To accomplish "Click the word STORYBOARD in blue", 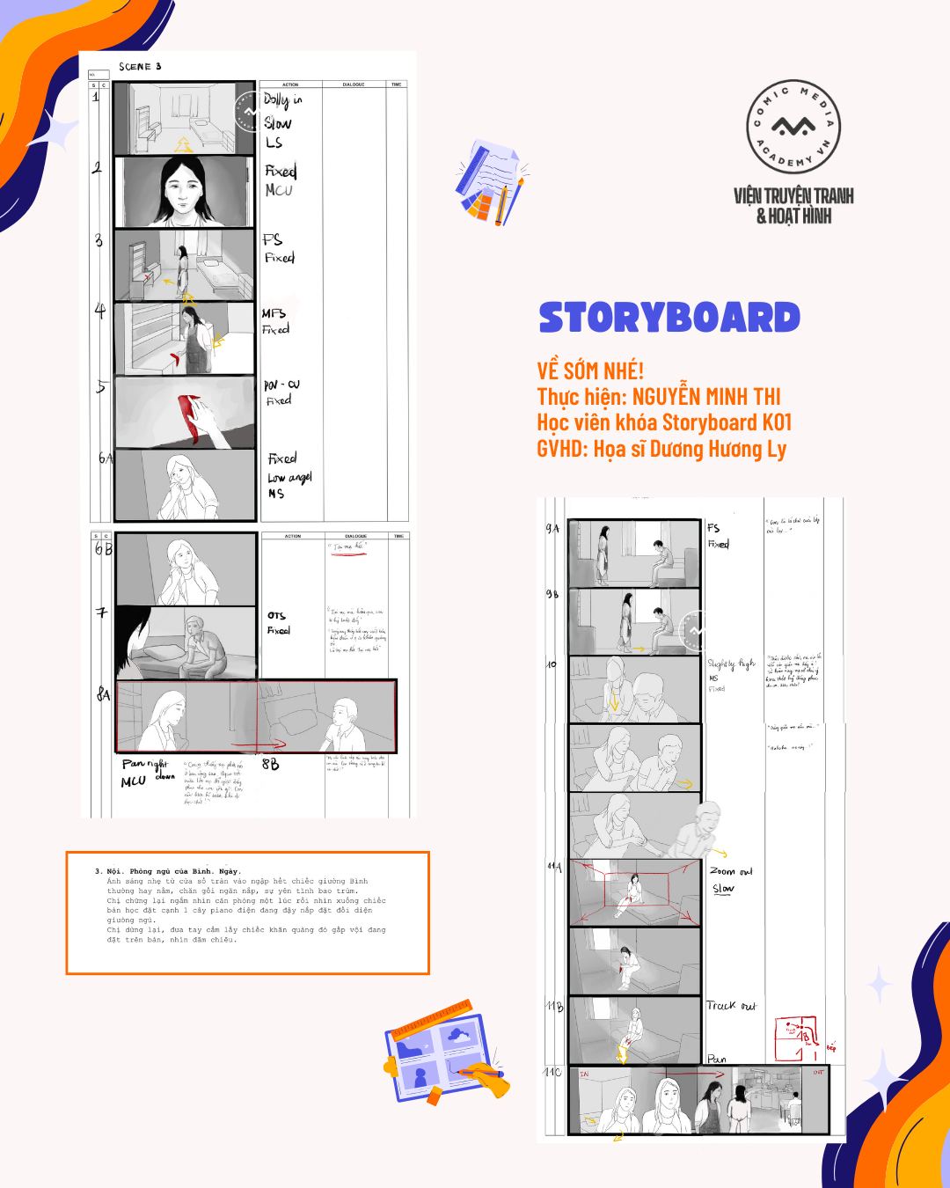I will pos(669,318).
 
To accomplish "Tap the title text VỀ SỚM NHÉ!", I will pos(590,370).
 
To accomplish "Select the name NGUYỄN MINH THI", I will pos(706,397).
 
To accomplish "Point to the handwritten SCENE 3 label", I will pos(140,66).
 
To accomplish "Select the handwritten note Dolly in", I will pos(281,100).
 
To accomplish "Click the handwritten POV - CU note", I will pos(281,385).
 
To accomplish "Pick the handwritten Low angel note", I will pos(289,477).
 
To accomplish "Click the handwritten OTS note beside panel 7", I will pos(276,615).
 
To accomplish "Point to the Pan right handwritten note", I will pos(144,764).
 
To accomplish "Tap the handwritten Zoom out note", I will pos(731,871).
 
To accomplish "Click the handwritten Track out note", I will pos(730,1005).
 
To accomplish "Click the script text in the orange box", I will pos(246,906).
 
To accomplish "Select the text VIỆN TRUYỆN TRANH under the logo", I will pos(793,195).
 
